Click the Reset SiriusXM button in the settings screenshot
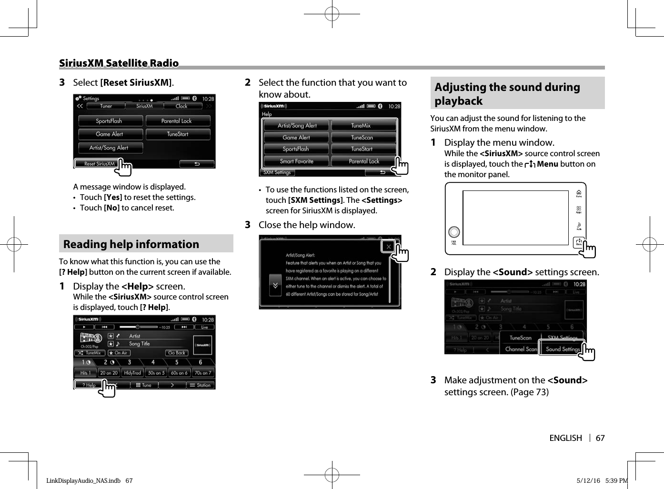(99, 164)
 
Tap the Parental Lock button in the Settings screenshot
(177, 121)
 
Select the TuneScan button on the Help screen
(362, 138)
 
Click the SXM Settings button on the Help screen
(277, 172)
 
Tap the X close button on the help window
(388, 247)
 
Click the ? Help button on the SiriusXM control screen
(89, 385)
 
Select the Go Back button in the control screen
(177, 353)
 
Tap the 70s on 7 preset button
(203, 373)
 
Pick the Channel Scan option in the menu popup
(521, 349)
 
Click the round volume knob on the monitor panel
(454, 232)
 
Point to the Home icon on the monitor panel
(579, 193)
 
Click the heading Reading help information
(131, 244)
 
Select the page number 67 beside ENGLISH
(600, 438)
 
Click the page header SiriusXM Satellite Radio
(119, 63)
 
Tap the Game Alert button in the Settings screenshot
(110, 134)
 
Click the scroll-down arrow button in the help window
(275, 286)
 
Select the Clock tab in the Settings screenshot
(181, 106)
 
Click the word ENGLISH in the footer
(565, 438)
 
